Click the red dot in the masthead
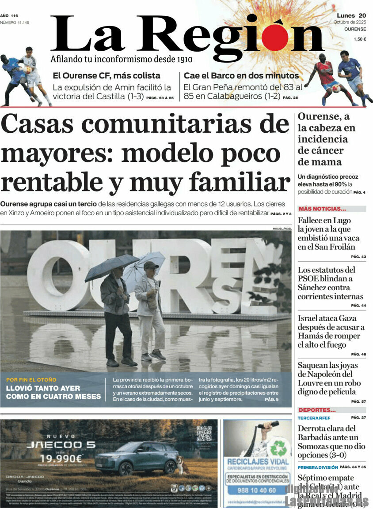[274, 37]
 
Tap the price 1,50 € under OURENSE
[359, 39]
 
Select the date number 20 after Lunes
[362, 15]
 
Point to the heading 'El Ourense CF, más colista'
[107, 75]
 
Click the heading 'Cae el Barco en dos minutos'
[241, 75]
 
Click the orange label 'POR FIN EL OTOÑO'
[31, 380]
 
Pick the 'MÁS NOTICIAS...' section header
[322, 209]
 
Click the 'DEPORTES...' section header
[317, 410]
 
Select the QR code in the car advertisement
[204, 434]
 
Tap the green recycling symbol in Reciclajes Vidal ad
[278, 448]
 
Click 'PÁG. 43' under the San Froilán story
[358, 256]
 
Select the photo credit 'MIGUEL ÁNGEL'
[282, 228]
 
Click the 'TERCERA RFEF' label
[314, 418]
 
